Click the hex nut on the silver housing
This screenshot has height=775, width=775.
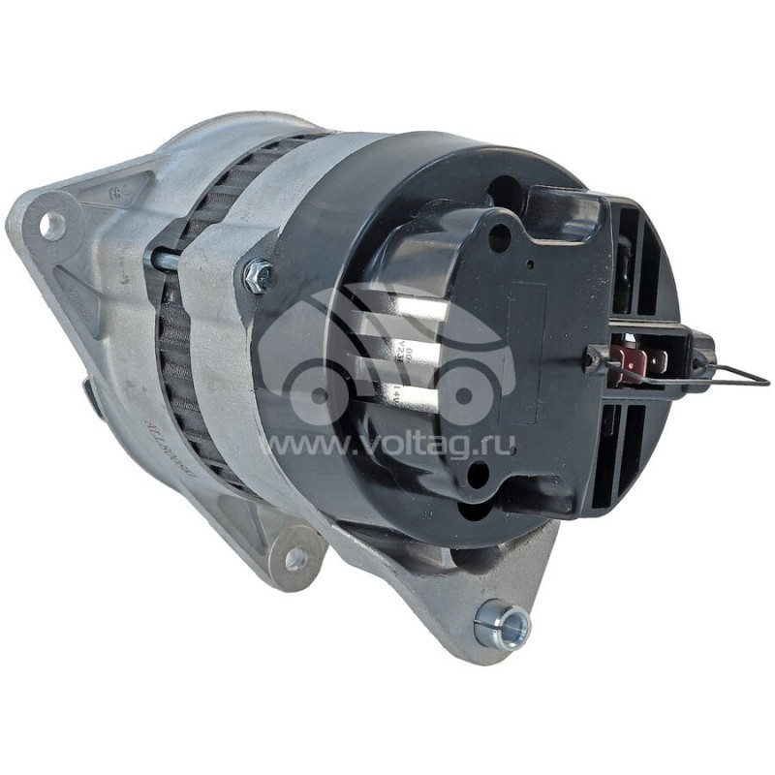tap(259, 277)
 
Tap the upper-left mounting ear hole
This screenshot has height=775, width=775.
tap(51, 226)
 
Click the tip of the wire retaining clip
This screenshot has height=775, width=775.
tap(765, 382)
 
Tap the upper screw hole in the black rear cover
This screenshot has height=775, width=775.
tap(499, 233)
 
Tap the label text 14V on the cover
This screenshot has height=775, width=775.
tap(396, 390)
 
